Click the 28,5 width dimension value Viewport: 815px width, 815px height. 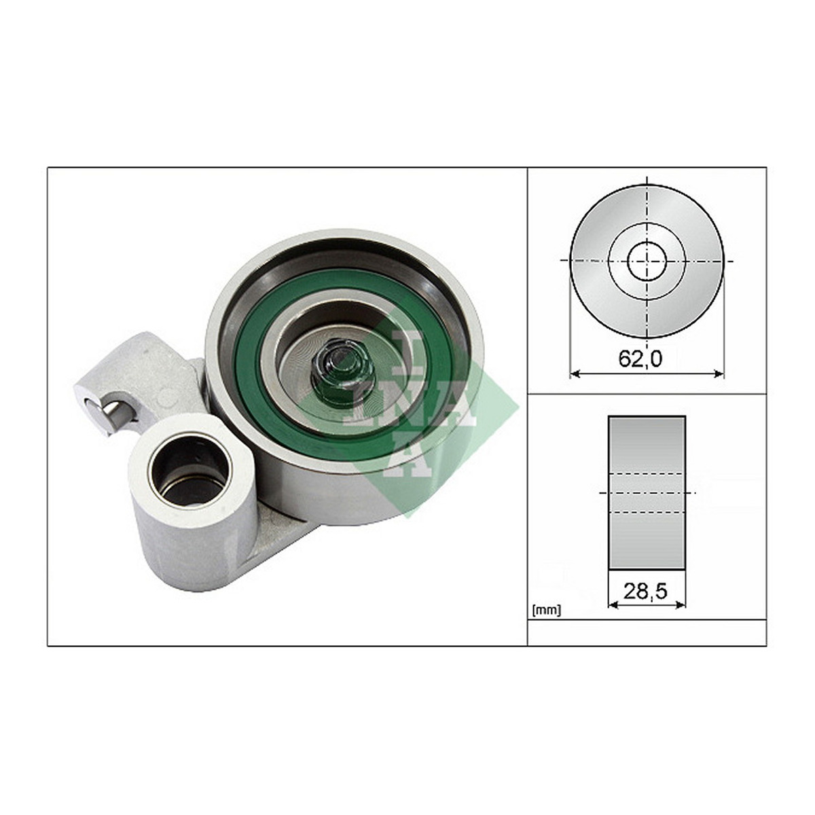pyautogui.click(x=645, y=591)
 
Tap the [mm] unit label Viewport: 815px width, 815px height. pyautogui.click(x=547, y=611)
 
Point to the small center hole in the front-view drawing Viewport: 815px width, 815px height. pyautogui.click(x=647, y=260)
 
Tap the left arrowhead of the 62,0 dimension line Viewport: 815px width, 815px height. pyautogui.click(x=576, y=373)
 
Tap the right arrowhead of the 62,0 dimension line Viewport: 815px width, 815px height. pyautogui.click(x=719, y=373)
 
